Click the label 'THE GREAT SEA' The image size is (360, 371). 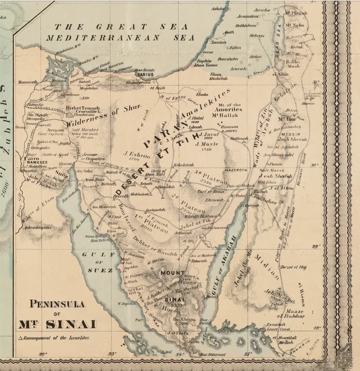[121, 27]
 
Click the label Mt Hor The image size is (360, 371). [287, 119]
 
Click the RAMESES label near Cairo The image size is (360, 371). [36, 162]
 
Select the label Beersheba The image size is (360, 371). [228, 59]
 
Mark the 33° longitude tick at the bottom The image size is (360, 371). [112, 354]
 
